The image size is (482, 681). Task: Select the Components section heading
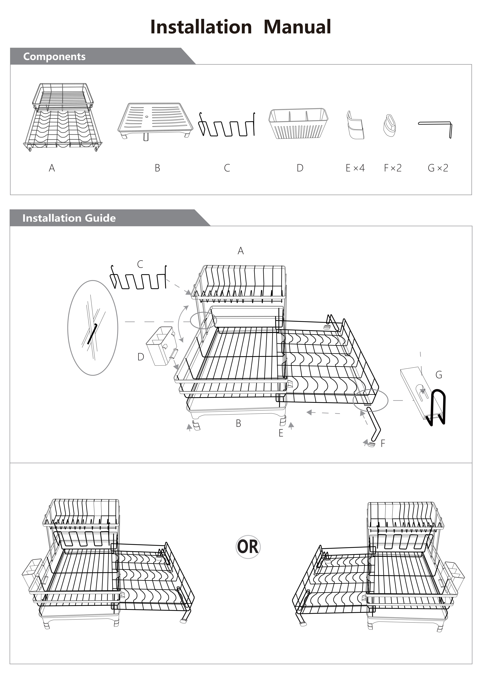[54, 56]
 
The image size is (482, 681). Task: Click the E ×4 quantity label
[355, 168]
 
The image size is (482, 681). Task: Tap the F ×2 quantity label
[393, 168]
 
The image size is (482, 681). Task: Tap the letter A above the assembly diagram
[241, 251]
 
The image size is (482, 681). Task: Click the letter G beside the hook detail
[439, 375]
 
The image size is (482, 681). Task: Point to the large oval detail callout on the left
[93, 328]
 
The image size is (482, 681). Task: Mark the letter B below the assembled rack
[238, 424]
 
